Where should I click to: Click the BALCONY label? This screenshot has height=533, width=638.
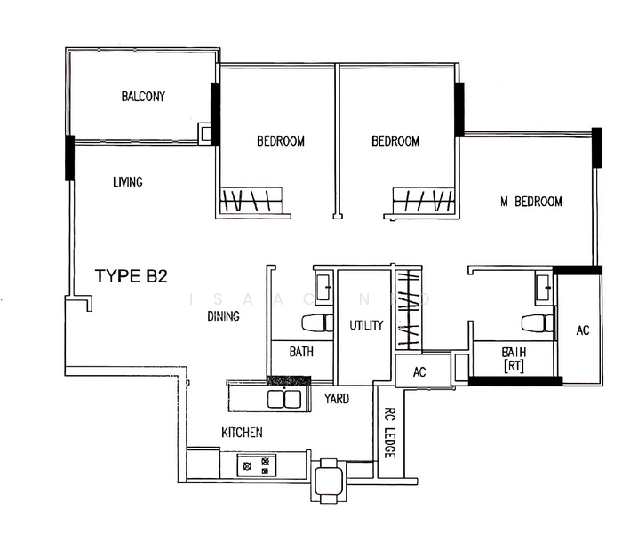coord(144,97)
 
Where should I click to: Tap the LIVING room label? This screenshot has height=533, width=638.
coord(128,182)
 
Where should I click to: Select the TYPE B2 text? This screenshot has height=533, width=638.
coord(132,276)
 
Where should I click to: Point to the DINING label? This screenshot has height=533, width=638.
coord(223,315)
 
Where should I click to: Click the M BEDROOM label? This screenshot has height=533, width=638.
coord(531,202)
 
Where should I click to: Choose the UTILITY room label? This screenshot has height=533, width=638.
coord(366,325)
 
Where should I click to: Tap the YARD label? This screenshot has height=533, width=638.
coord(336,399)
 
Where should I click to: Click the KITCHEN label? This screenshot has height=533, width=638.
coord(242,433)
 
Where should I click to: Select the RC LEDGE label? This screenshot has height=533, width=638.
coord(389,432)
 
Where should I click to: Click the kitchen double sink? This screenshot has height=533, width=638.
coord(283,396)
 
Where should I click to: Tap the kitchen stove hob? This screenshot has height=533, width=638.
coord(258,464)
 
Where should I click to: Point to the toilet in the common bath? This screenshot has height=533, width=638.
coord(316,323)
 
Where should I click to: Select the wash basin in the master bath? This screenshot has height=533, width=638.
coord(542,286)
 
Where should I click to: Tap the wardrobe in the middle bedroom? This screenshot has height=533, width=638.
coord(421,200)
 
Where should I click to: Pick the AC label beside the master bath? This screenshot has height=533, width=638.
coord(582,330)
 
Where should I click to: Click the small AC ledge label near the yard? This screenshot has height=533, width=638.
coord(419,372)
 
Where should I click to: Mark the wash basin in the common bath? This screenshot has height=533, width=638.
coord(323,286)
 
